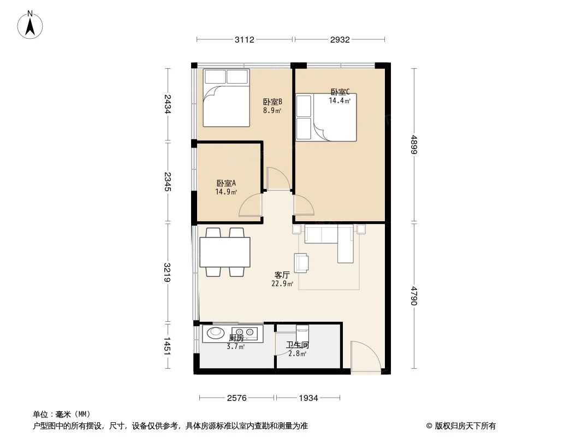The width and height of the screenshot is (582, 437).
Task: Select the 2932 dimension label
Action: pyautogui.click(x=340, y=39)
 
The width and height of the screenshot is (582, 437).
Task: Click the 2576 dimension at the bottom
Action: pyautogui.click(x=237, y=398)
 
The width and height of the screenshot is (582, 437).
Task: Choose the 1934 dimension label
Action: pyautogui.click(x=308, y=398)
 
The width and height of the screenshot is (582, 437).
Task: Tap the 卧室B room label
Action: pyautogui.click(x=272, y=102)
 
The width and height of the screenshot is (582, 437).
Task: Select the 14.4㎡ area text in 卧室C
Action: pyautogui.click(x=339, y=101)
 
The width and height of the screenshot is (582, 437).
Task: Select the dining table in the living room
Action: pyautogui.click(x=225, y=252)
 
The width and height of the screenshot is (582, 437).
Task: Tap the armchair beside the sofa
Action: pyautogui.click(x=301, y=262)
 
